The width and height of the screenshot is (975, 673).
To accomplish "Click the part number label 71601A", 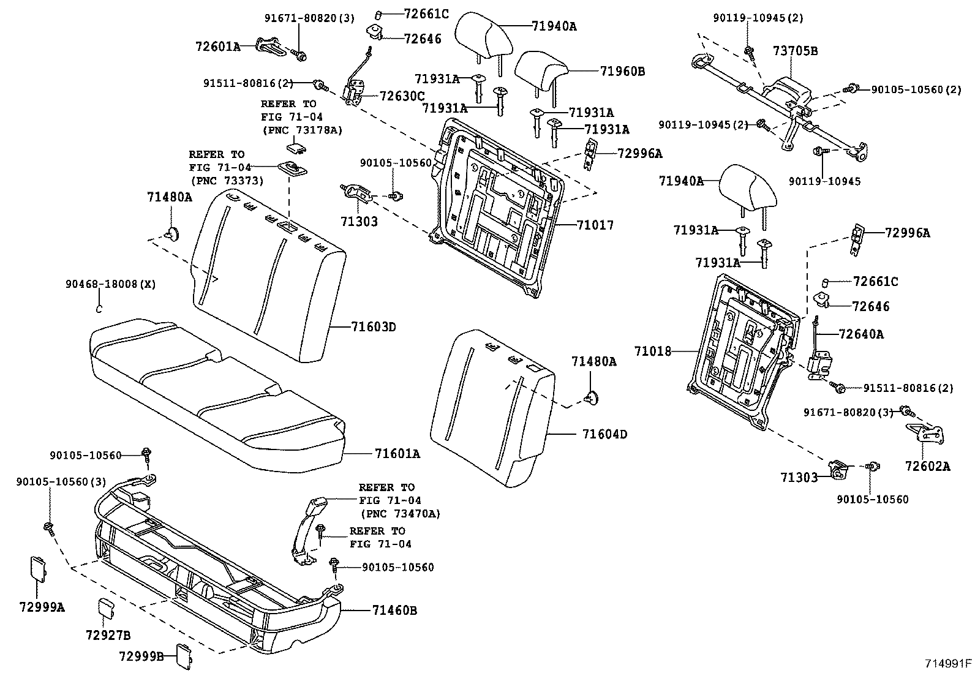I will coord(397,454).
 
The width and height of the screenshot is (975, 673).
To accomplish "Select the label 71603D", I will coord(374,327).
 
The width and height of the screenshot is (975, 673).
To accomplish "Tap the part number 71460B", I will coord(394,611).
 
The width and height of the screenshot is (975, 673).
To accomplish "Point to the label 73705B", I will coord(795,51).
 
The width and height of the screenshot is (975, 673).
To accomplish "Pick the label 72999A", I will coord(42,607).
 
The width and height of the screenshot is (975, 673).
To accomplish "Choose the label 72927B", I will coord(108,636).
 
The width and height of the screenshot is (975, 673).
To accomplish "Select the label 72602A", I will coord(927,467).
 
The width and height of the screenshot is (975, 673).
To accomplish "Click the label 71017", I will coord(595,225).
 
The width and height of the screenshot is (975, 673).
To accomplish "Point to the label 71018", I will coord(653,352).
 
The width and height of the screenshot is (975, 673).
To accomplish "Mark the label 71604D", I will coord(604,434).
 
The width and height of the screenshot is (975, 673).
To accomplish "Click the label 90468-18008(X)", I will coord(111,284).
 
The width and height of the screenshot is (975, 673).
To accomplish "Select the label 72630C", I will coord(402,96).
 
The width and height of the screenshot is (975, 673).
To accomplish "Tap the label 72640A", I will coord(861,334).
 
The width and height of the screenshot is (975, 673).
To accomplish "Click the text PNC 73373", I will coord(227,181).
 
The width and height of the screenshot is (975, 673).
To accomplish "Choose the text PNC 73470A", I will coord(400,514).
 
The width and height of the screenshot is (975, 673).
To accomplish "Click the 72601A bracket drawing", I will coord(270,47).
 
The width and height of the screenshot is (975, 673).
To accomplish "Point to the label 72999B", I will coord(141,656).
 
